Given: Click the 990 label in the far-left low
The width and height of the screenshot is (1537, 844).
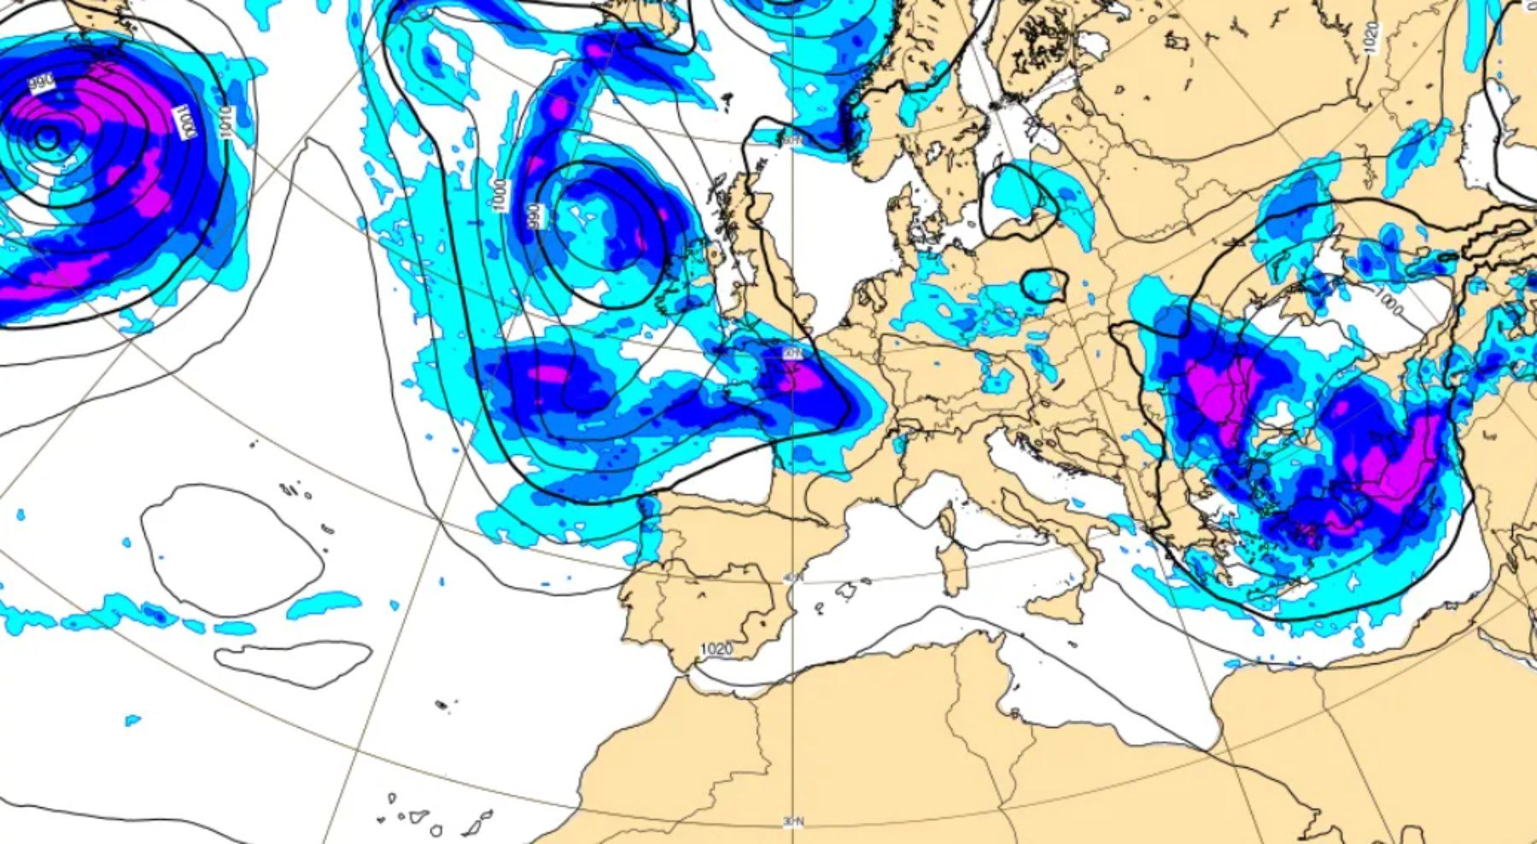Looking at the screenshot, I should coord(41,83).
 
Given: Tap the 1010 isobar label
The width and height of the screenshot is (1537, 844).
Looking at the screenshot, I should coord(225,123).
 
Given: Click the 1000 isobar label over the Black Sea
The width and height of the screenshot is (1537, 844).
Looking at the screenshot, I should coord(1389,300).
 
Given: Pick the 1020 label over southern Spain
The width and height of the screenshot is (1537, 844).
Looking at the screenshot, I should coord(716,649).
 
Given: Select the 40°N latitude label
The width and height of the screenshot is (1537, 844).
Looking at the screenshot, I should coord(793,578).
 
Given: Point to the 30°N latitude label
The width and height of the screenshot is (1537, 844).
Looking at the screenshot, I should coord(793,821).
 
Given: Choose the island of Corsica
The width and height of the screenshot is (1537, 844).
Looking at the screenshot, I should coord(945,518).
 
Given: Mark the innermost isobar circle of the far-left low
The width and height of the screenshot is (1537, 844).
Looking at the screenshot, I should coord(46,136).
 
